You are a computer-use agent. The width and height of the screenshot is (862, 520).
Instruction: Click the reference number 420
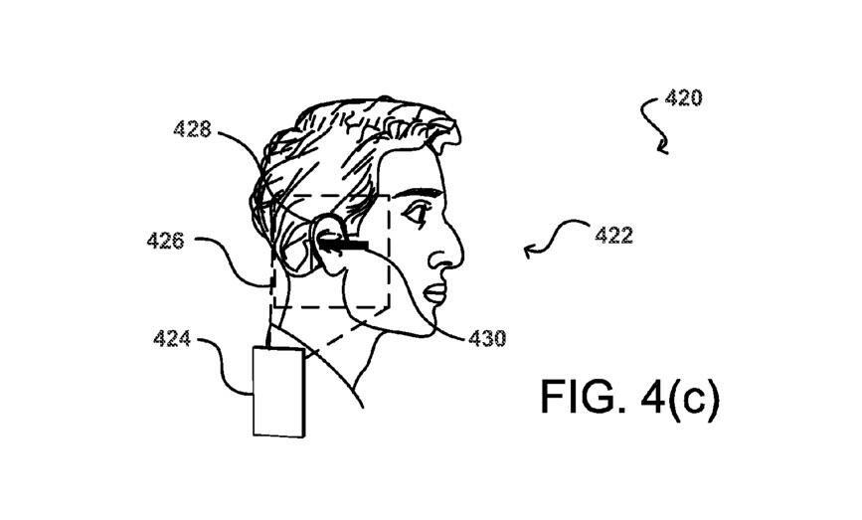click(683, 98)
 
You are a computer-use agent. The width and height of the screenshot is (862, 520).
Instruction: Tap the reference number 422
click(613, 236)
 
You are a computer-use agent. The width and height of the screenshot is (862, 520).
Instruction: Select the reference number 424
click(172, 339)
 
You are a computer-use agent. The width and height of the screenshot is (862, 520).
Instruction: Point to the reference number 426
click(165, 241)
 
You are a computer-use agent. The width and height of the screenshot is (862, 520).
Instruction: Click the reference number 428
click(193, 129)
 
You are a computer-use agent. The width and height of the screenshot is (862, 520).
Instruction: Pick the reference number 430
click(487, 338)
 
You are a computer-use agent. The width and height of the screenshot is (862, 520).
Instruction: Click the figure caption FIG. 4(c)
click(630, 397)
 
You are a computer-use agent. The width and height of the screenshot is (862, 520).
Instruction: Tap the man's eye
click(417, 212)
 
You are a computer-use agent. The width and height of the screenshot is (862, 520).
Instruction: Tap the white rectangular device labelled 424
click(278, 392)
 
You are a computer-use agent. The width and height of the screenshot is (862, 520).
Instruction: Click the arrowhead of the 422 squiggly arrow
click(529, 253)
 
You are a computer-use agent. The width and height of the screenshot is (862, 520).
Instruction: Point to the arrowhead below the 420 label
click(664, 148)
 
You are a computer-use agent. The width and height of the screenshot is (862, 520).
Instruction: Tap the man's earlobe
click(331, 267)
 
